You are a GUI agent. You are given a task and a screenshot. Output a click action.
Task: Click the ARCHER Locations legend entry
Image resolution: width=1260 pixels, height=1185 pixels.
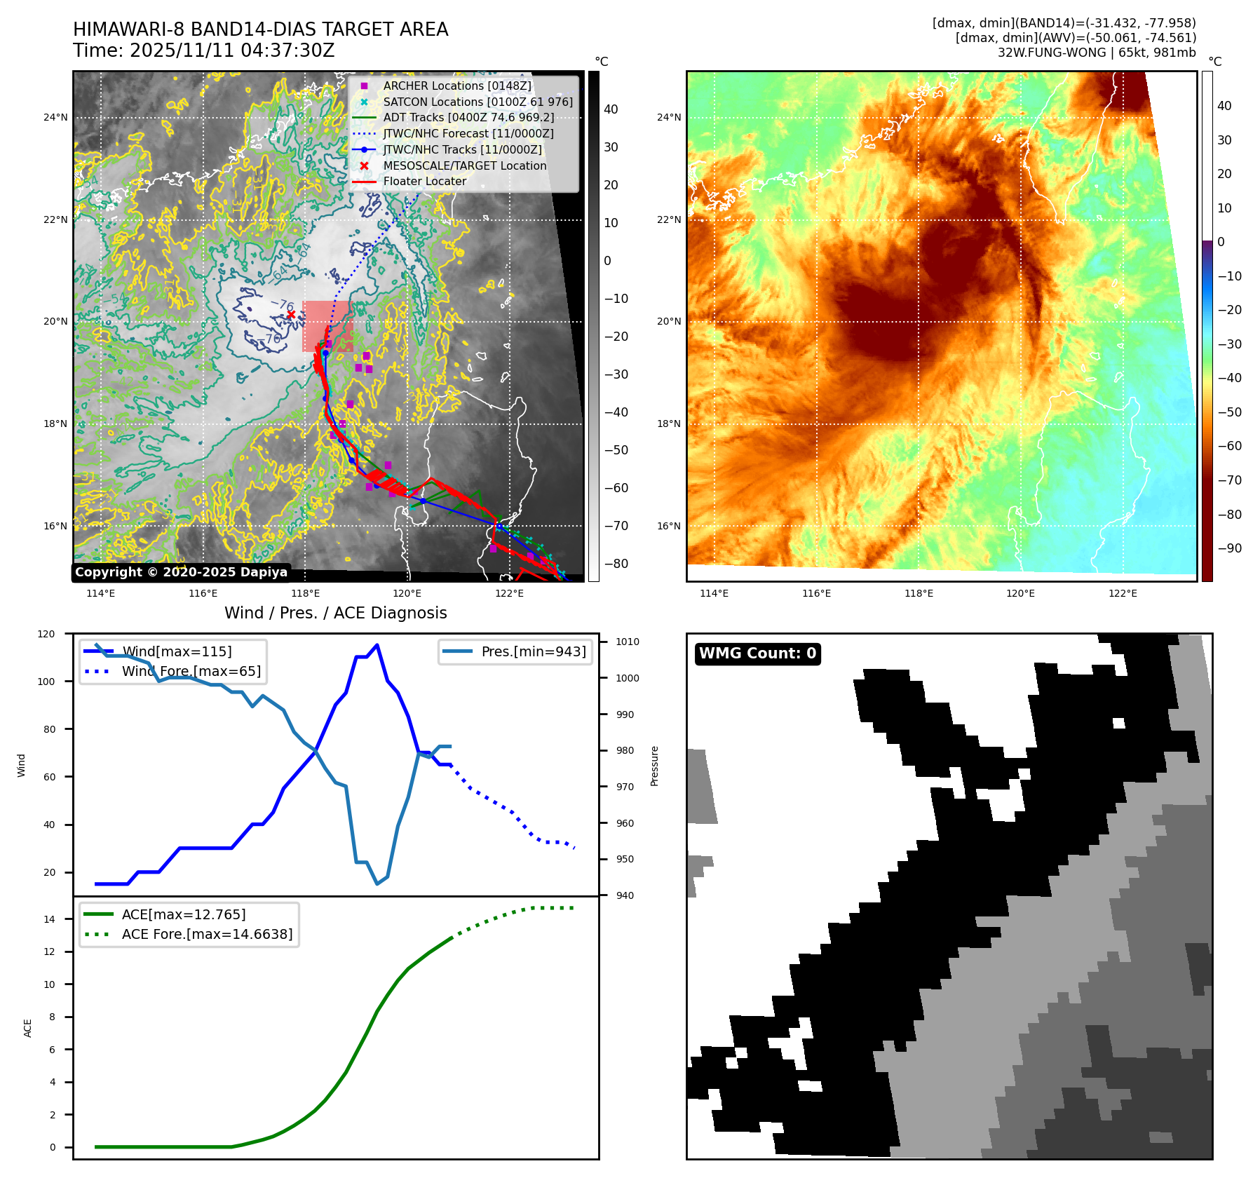(x=456, y=86)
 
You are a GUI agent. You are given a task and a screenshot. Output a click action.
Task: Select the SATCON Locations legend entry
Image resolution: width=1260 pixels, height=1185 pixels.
(x=477, y=102)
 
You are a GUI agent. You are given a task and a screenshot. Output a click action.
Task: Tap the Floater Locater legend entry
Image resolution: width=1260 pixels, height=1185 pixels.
(x=424, y=181)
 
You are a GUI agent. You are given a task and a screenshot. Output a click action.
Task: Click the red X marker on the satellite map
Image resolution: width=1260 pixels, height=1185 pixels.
(x=291, y=314)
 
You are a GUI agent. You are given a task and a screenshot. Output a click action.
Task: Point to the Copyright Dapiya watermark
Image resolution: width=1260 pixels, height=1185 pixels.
(x=181, y=572)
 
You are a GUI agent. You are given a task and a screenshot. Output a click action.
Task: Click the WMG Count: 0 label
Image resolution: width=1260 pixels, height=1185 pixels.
(x=757, y=654)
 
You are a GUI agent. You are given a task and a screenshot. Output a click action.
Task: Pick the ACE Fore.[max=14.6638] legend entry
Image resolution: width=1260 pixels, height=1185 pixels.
(x=207, y=934)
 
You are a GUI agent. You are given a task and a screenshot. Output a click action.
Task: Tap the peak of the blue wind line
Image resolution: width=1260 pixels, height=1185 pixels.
(x=377, y=645)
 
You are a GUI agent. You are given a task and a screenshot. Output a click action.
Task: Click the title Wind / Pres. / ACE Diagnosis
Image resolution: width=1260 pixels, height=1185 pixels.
(x=335, y=613)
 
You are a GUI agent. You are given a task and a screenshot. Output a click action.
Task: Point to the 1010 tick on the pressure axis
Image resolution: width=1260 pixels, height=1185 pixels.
(x=628, y=642)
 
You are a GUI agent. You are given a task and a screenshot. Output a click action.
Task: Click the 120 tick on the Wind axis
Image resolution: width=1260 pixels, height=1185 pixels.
(x=46, y=634)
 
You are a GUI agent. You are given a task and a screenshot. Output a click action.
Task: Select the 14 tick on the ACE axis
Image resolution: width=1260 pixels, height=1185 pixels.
(x=49, y=919)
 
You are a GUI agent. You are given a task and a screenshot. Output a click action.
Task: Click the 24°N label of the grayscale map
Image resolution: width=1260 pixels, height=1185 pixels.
(x=55, y=117)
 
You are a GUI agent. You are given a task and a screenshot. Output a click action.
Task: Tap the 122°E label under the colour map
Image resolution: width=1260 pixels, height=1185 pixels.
(x=1123, y=593)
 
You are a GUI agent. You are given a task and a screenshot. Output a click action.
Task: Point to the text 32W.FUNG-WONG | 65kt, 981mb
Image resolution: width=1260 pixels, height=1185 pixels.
(x=1097, y=53)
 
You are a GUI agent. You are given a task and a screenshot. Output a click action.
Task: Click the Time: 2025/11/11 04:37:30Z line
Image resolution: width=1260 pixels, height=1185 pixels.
(x=204, y=50)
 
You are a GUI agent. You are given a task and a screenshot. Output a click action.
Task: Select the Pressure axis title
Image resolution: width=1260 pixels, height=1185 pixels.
(x=654, y=766)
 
